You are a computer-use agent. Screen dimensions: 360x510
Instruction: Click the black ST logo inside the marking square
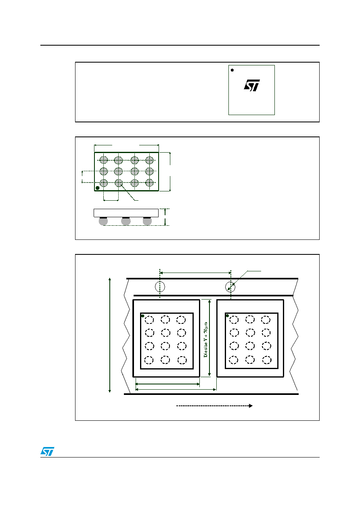(252, 85)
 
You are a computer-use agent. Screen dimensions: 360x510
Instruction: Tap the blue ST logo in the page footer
(47, 451)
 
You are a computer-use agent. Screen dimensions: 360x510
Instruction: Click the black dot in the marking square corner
(232, 70)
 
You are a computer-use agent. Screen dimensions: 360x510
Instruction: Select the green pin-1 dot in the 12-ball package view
(98, 188)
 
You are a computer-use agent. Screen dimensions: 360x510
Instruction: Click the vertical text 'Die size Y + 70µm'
(206, 340)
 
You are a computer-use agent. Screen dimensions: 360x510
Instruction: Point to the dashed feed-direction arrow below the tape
(214, 406)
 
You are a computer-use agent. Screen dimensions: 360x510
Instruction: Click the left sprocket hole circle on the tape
(160, 287)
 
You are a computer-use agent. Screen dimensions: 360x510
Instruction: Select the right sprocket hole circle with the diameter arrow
(230, 287)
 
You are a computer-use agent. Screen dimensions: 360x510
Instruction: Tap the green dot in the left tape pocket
(143, 316)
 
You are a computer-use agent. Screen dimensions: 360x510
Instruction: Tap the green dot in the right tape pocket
(227, 315)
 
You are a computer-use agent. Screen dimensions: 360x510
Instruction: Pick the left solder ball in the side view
(103, 221)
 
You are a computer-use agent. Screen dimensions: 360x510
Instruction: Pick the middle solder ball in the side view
(126, 221)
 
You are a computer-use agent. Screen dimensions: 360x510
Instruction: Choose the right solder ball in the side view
(147, 221)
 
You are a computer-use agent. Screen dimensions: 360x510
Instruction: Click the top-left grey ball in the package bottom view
(104, 160)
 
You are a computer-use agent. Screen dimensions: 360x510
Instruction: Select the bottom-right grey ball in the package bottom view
(149, 183)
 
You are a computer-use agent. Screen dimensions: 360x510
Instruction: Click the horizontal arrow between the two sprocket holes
(196, 273)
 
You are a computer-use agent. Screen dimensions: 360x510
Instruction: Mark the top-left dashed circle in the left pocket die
(149, 320)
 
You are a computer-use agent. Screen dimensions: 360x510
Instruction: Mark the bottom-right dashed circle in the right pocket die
(267, 360)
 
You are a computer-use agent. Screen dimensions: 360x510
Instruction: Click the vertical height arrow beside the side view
(165, 217)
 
